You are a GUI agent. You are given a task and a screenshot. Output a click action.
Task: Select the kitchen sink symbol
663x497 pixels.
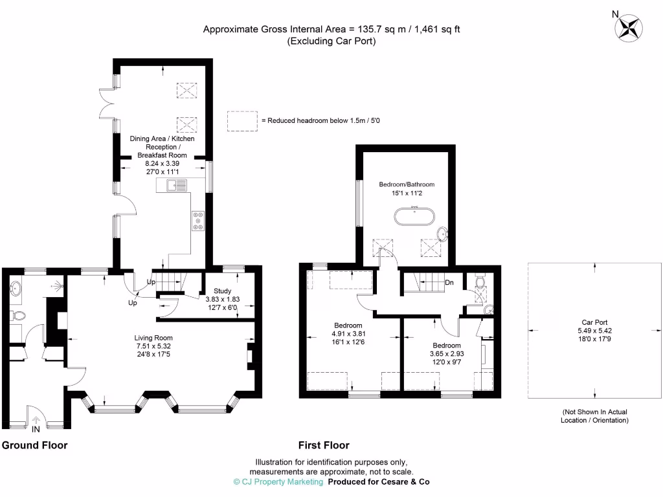176,186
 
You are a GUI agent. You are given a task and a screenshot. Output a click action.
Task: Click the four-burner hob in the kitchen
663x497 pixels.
197,221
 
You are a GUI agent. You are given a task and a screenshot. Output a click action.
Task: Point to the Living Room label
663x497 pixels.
153,338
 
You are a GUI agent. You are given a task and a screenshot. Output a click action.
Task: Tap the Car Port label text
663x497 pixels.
595,322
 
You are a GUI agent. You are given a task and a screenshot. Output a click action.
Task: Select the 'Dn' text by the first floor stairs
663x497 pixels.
449,282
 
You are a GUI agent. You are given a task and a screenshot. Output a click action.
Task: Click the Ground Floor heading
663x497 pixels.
35,445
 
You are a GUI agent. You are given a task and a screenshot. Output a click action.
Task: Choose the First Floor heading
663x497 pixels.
324,445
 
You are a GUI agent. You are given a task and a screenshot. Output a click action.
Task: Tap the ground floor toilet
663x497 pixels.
18,316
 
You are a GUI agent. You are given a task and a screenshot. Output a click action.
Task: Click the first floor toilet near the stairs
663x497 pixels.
480,283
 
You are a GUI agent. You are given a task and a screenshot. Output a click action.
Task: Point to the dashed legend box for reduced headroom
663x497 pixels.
242,120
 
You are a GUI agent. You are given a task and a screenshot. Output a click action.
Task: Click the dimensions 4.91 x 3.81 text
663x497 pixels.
348,334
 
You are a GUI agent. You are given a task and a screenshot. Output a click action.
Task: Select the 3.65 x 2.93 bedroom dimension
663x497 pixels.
446,354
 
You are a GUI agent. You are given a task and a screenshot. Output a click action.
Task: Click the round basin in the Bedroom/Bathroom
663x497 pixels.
443,234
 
